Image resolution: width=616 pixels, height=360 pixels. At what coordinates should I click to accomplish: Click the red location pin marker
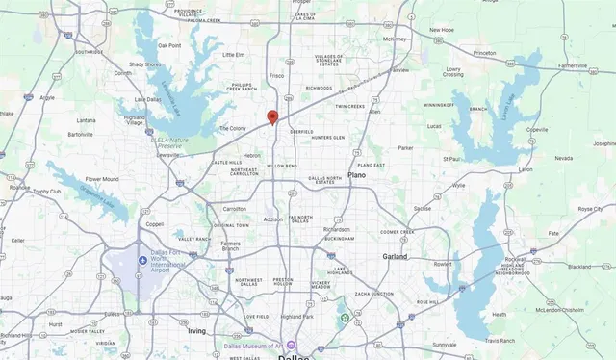272,117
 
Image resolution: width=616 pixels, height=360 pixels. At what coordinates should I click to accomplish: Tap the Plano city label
357,175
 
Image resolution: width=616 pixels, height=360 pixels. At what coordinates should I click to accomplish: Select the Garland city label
395,257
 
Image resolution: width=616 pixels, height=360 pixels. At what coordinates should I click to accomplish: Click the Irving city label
196,330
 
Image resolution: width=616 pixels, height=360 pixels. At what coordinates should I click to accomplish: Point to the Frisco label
277,74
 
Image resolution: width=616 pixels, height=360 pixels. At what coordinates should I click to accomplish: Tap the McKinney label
395,39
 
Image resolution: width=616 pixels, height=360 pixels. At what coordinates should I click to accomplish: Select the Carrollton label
235,207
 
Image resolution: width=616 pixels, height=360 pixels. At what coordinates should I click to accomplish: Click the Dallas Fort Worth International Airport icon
142,258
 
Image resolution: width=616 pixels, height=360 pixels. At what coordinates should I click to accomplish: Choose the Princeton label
484,53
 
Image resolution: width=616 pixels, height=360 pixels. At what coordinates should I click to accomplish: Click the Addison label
273,219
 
